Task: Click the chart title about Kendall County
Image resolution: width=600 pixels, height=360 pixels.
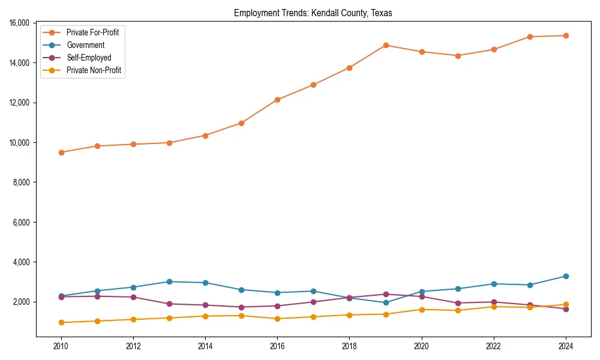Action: click(313, 13)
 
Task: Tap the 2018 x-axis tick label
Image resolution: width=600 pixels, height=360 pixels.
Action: click(349, 346)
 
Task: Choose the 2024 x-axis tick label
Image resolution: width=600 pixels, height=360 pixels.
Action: click(566, 346)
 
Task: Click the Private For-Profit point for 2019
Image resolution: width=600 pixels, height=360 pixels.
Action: click(386, 45)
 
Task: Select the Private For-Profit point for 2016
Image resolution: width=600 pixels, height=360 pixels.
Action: click(277, 100)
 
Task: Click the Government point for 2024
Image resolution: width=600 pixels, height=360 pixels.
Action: click(566, 276)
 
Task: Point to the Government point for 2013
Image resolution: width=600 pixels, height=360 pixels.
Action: click(169, 281)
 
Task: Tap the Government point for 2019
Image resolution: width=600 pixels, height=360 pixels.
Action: click(386, 302)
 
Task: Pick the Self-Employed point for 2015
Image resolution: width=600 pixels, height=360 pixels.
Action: click(241, 307)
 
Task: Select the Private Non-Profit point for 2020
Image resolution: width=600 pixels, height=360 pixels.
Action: click(422, 310)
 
